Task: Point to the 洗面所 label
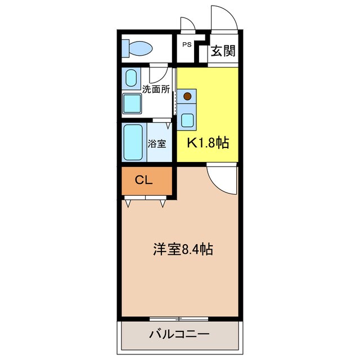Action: click(155, 89)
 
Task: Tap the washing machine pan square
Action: click(133, 104)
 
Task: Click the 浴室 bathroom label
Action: click(157, 143)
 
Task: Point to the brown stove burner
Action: click(187, 96)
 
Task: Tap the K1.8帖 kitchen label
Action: click(208, 142)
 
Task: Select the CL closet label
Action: click(144, 180)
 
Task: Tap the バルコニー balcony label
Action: click(179, 334)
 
